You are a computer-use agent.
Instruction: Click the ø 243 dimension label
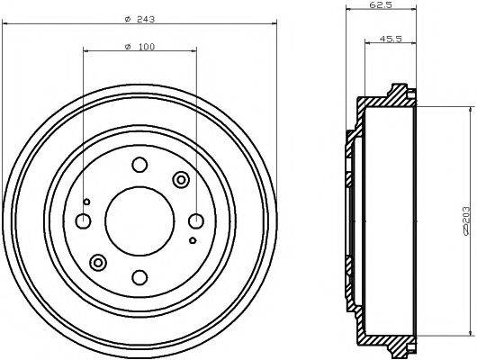[139, 20]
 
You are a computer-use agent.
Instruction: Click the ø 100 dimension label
[139, 47]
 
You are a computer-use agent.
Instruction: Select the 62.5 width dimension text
[381, 5]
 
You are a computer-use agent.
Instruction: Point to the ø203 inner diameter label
[466, 220]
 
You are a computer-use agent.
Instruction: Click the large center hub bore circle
[139, 221]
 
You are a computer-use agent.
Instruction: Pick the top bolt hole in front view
[139, 165]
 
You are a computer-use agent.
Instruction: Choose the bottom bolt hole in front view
[139, 277]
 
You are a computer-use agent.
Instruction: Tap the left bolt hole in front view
[83, 221]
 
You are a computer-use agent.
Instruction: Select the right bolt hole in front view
[196, 221]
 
